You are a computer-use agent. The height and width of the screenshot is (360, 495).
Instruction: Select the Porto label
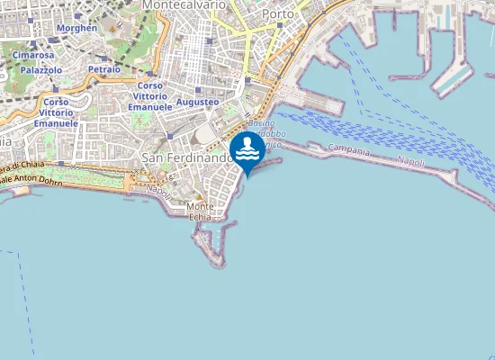[x=279, y=14]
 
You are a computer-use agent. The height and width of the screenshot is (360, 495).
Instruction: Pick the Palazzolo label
[x=40, y=69]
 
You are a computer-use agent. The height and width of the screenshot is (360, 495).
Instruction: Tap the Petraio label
[x=104, y=69]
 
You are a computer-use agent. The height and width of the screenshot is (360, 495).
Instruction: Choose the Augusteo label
[x=197, y=102]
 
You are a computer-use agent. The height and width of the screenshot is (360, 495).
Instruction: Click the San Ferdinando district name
[x=185, y=157]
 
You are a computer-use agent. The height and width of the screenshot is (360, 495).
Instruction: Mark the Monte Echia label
[x=201, y=211]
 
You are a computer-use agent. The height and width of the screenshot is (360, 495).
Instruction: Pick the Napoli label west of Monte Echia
[x=159, y=190]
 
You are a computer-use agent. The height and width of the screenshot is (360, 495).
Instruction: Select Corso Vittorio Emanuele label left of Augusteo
[x=151, y=95]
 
